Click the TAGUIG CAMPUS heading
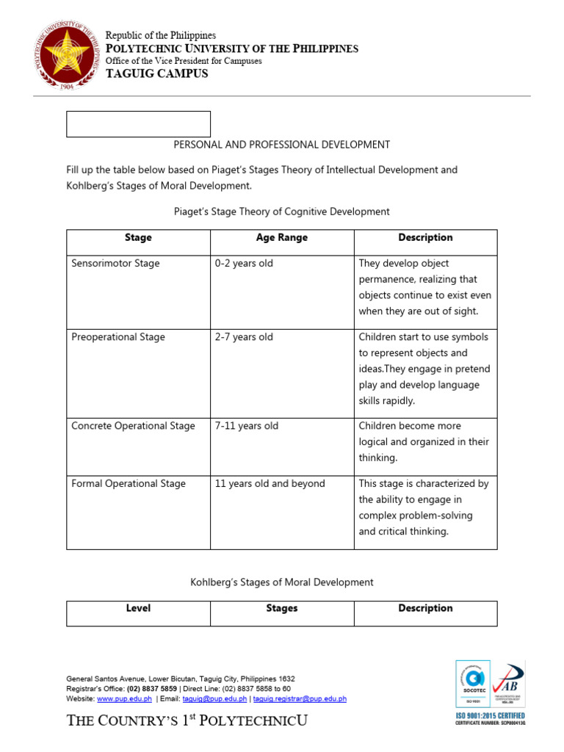coord(156,74)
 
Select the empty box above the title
coord(138,124)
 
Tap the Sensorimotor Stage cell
coord(115,264)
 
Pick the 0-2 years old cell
coord(244,264)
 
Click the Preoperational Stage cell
coord(118,337)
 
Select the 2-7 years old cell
coord(244,337)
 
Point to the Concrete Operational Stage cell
coord(133,426)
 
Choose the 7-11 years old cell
coord(247,426)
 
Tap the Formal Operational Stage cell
coord(129,484)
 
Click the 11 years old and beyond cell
coord(270,484)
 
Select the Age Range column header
coord(282,238)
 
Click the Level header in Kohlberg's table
coord(138,609)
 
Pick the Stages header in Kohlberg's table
coord(282,609)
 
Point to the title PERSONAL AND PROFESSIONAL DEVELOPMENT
coord(282,145)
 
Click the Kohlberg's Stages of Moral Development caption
coord(282,582)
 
